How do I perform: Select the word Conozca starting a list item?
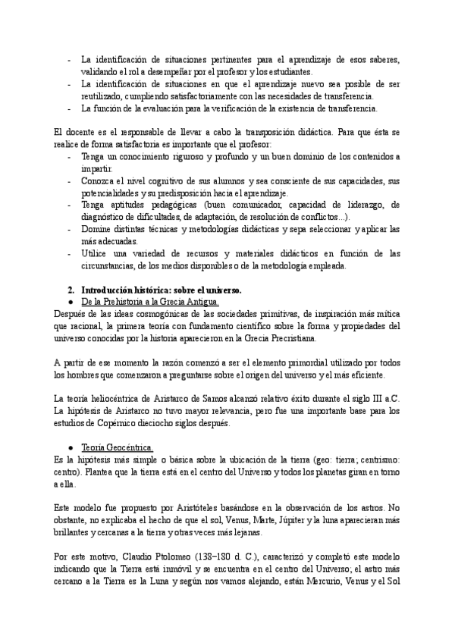tap(97, 181)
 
